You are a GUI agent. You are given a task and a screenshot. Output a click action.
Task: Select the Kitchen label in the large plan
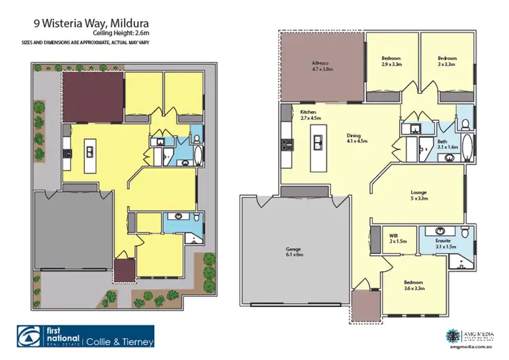tap(309, 115)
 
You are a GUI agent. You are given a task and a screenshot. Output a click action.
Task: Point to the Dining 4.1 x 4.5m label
tap(356, 138)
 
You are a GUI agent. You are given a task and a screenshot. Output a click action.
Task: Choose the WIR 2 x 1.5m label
tap(397, 238)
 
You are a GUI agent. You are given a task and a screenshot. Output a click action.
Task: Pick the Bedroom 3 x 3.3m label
tap(446, 62)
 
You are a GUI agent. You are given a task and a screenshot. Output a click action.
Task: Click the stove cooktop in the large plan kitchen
tap(284, 143)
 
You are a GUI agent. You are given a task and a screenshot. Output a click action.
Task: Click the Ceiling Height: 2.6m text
tap(120, 33)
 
